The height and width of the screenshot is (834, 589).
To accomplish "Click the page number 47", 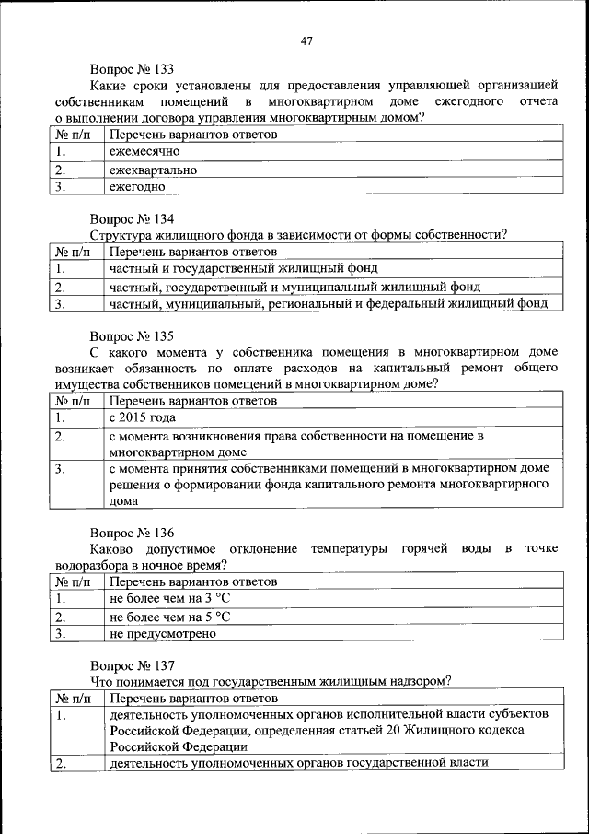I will [306, 40].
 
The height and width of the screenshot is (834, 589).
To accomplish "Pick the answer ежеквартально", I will [153, 170].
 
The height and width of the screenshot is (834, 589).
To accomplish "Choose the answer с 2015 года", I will [142, 418].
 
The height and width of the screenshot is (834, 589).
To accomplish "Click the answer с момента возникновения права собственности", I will [295, 435].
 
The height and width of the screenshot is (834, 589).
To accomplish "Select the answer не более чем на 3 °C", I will [169, 599].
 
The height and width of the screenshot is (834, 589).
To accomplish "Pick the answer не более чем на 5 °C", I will [169, 617].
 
